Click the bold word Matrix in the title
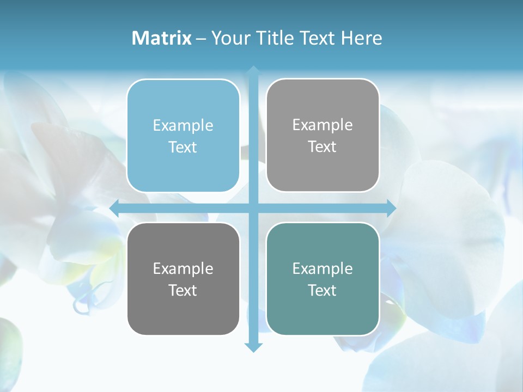pos(162,38)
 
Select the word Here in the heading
pos(362,38)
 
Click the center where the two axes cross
pos(253,208)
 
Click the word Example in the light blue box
pos(183,126)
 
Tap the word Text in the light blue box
pos(183,148)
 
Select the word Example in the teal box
pos(323,268)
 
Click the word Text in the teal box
pos(323,290)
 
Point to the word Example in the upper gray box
pos(323,125)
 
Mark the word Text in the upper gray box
pos(323,147)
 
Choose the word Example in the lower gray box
pos(183,268)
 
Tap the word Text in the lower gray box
pos(183,290)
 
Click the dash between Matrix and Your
pos(201,39)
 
